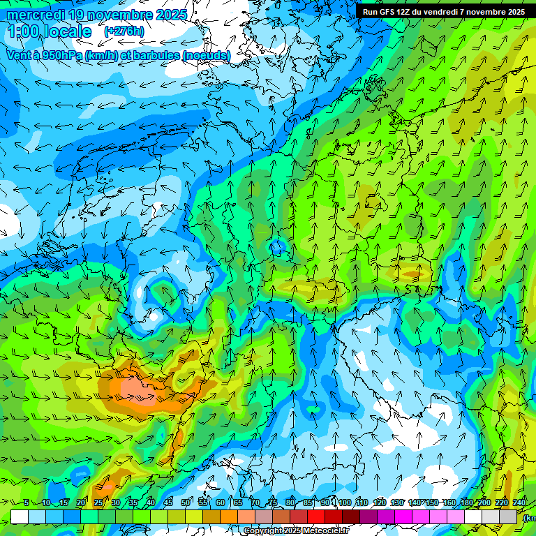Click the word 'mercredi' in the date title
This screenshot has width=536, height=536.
pyautogui.click(x=36, y=15)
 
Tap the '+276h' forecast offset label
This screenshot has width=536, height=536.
pyautogui.click(x=124, y=31)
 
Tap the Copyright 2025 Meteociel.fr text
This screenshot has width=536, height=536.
pyautogui.click(x=296, y=531)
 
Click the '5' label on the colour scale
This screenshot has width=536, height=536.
pyautogui.click(x=27, y=503)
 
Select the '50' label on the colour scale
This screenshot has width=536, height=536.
pyautogui.click(x=185, y=503)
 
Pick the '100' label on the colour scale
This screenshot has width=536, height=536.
pyautogui.click(x=343, y=503)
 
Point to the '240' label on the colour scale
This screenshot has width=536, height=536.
pyautogui.click(x=519, y=503)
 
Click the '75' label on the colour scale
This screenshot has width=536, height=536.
pyautogui.click(x=273, y=503)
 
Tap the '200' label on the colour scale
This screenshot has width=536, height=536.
pyautogui.click(x=484, y=503)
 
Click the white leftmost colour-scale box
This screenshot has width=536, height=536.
pyautogui.click(x=20, y=516)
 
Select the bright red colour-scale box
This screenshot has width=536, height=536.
pyautogui.click(x=316, y=516)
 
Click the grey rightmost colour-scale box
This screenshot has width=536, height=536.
pyautogui.click(x=509, y=516)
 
